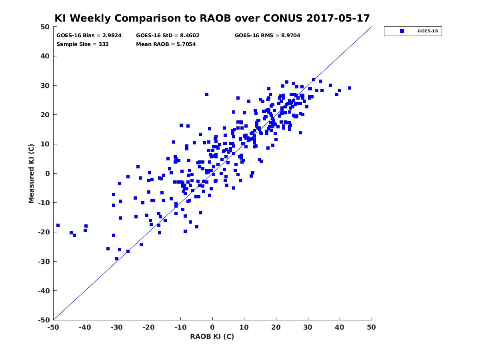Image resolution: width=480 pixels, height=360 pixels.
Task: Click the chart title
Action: [212, 18]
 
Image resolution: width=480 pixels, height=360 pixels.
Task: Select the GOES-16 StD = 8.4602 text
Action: [168, 35]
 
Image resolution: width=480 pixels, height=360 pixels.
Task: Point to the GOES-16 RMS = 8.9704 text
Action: [267, 35]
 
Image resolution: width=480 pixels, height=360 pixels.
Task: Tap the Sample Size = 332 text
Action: [82, 44]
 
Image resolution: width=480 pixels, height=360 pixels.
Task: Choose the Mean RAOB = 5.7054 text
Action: [166, 44]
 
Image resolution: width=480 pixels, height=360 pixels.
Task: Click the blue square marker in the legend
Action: [402, 31]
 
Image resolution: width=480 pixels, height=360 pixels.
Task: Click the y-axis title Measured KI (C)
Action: [31, 173]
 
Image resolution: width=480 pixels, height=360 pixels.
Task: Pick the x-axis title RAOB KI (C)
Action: [212, 336]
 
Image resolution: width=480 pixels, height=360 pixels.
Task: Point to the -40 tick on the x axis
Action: [85, 327]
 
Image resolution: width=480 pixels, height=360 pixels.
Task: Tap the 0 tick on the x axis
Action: [212, 327]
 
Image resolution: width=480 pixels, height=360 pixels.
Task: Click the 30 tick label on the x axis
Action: [308, 327]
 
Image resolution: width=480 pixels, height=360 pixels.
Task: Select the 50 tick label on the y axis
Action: [45, 27]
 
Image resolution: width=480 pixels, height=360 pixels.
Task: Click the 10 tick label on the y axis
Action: [45, 144]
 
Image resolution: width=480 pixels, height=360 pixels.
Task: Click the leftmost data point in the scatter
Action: [58, 225]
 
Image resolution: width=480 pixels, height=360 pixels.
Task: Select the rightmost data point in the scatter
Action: [349, 88]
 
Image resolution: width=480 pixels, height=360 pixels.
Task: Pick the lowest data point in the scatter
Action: [117, 259]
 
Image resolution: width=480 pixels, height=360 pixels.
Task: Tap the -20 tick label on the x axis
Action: [148, 327]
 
